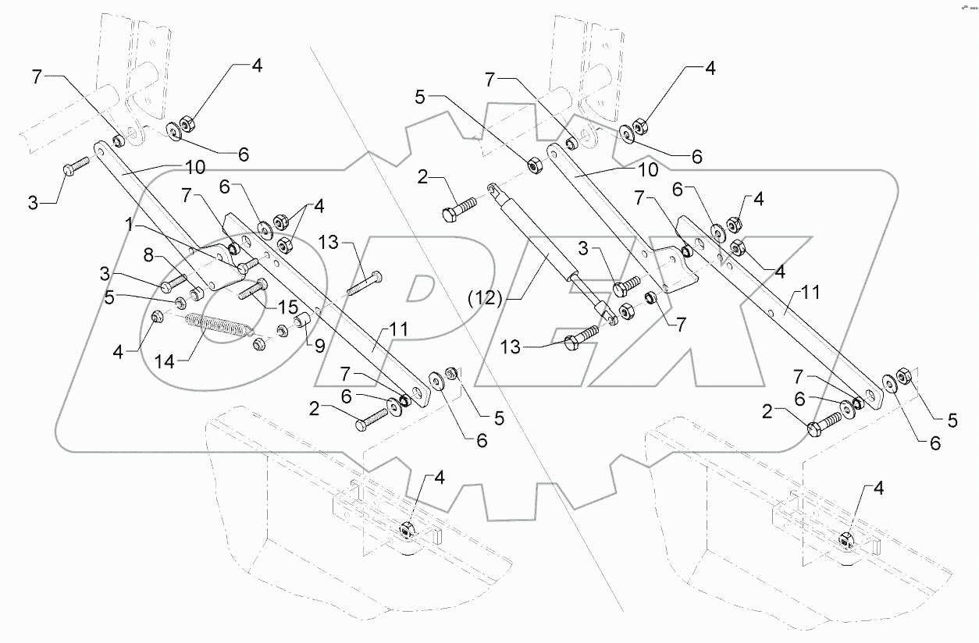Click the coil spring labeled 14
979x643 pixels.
pos(219,325)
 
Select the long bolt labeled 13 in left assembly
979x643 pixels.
pos(364,284)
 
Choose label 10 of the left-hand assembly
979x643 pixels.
pos(194,167)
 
